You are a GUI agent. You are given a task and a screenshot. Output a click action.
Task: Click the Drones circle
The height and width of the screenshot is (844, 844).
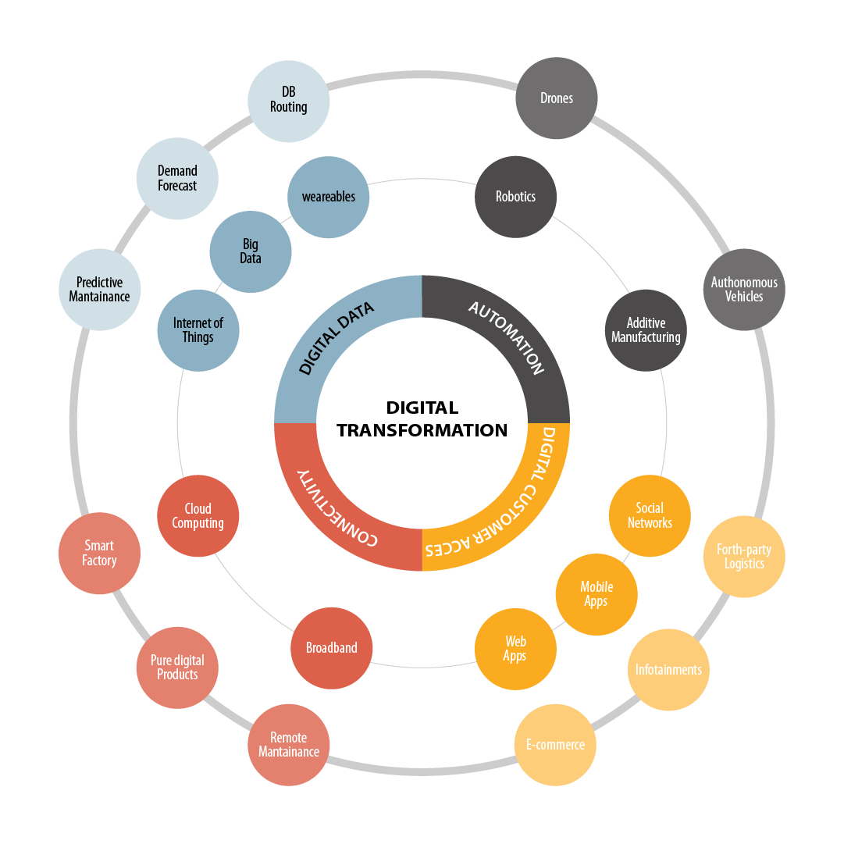(557, 98)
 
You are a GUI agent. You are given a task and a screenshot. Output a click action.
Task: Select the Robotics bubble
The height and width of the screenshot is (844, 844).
(515, 197)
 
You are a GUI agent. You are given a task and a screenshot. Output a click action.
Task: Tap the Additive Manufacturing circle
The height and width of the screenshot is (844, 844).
(646, 330)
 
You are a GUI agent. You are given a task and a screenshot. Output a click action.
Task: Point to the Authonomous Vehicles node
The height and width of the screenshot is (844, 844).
(744, 290)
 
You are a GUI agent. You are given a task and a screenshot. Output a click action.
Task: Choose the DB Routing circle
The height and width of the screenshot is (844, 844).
(288, 100)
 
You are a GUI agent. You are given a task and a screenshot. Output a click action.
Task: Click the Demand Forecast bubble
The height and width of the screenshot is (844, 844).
(177, 178)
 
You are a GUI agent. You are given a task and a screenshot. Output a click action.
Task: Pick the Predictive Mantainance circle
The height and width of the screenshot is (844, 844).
(99, 290)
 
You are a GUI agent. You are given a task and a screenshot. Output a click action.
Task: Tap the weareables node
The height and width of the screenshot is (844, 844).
(328, 197)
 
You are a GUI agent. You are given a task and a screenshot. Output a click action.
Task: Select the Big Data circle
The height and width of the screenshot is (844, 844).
(250, 251)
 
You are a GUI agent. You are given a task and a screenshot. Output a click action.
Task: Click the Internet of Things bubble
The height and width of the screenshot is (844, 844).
(198, 330)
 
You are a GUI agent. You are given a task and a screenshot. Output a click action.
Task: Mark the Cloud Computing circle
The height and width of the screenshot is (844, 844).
(198, 516)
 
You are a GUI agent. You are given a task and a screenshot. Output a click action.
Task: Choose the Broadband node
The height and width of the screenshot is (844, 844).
(331, 648)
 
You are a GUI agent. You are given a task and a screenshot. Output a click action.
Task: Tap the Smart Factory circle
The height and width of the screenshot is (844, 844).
(99, 554)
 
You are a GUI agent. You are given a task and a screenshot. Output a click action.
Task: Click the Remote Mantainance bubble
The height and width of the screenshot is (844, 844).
(288, 745)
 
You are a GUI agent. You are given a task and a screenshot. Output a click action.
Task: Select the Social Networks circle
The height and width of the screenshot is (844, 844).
(650, 516)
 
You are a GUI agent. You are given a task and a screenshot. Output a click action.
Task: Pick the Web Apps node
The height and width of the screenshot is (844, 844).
(515, 649)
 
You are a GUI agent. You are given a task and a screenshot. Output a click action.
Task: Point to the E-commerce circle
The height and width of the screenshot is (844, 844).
(555, 745)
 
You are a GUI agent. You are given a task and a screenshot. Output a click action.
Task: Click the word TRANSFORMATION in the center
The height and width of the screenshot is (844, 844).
(422, 430)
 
